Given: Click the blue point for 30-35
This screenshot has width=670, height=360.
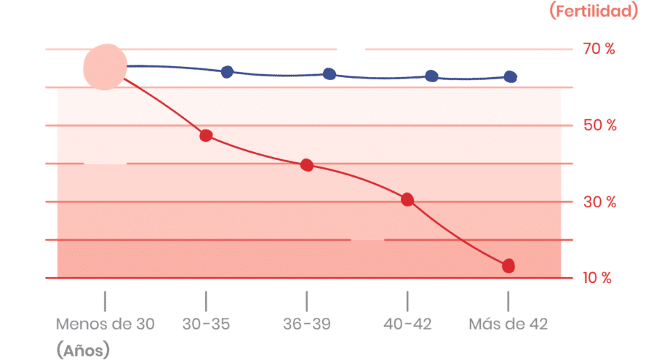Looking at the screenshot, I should (x=227, y=72).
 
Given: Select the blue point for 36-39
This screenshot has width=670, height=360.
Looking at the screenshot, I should (x=330, y=74).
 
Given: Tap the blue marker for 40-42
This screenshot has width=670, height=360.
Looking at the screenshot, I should (x=431, y=76).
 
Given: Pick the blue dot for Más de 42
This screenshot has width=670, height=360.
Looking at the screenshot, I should (x=511, y=77).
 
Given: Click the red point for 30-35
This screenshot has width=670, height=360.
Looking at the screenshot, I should (x=206, y=136).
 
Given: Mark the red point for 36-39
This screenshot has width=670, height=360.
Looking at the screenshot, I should (x=307, y=165).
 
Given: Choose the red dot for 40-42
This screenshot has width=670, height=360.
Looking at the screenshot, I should (x=407, y=199).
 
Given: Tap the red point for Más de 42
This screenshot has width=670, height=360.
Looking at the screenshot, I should (x=509, y=266).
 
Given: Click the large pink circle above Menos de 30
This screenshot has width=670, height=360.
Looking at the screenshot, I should (x=105, y=67).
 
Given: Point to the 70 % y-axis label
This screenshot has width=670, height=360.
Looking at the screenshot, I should (x=599, y=49).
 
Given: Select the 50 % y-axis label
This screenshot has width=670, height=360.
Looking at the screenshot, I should (x=599, y=126).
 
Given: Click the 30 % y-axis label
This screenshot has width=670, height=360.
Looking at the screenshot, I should (x=599, y=202).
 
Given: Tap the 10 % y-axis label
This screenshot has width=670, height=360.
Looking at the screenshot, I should (x=598, y=278).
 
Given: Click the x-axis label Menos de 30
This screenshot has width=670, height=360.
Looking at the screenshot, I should (x=105, y=324).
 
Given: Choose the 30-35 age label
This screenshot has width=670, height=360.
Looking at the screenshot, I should (x=206, y=324).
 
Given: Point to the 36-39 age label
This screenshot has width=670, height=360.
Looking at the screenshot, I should (x=307, y=324).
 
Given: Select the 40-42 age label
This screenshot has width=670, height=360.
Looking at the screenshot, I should (x=407, y=324).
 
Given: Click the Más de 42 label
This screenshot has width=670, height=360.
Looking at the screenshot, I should (x=509, y=324).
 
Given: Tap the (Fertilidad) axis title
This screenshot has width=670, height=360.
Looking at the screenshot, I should (x=595, y=11).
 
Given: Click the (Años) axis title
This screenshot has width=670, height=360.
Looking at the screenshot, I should (x=83, y=351).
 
